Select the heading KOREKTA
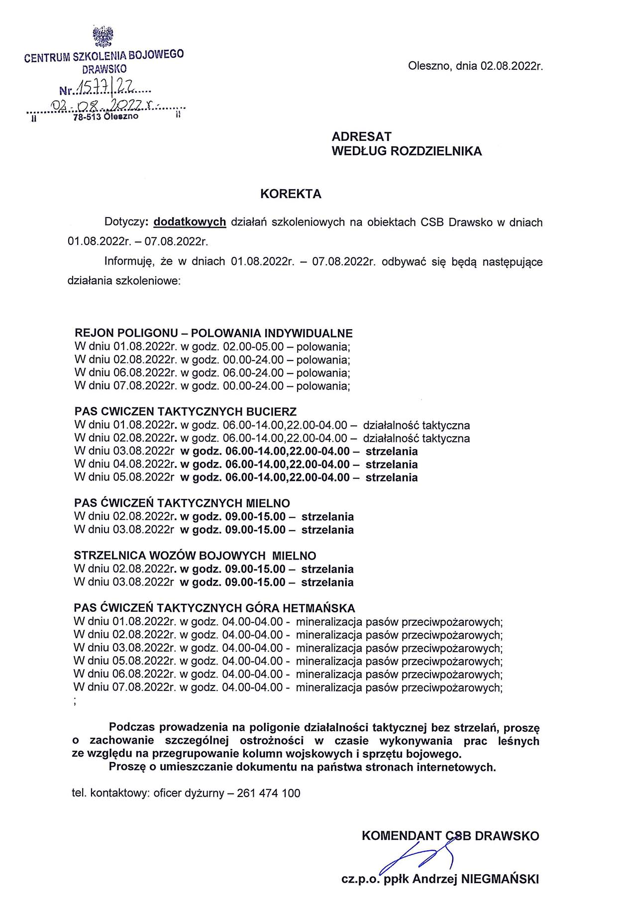pyautogui.click(x=291, y=194)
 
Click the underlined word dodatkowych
pyautogui.click(x=190, y=222)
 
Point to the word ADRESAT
pyautogui.click(x=361, y=137)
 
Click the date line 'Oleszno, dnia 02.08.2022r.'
pyautogui.click(x=475, y=66)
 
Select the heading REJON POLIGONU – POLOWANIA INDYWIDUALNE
pyautogui.click(x=213, y=333)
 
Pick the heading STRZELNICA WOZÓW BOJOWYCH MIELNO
pyautogui.click(x=195, y=556)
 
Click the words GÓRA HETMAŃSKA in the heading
pyautogui.click(x=301, y=608)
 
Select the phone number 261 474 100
pyautogui.click(x=269, y=793)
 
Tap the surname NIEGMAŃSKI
pyautogui.click(x=500, y=879)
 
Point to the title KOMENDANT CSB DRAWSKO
pyautogui.click(x=450, y=835)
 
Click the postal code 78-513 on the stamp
pyautogui.click(x=87, y=117)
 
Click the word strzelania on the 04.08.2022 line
pyautogui.click(x=392, y=464)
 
